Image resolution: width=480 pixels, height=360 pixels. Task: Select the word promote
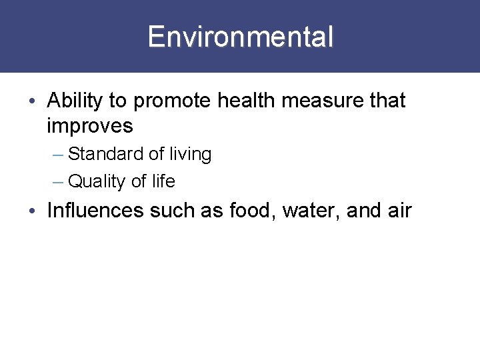[x=169, y=101]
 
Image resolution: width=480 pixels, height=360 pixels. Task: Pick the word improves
[x=90, y=125]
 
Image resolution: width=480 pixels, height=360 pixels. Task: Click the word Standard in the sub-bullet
[x=106, y=154]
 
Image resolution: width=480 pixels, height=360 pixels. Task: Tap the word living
[x=190, y=155]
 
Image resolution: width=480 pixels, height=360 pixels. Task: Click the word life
[x=163, y=181]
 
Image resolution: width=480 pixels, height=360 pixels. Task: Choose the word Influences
[x=95, y=211]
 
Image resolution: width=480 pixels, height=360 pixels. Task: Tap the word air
[x=399, y=211]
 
